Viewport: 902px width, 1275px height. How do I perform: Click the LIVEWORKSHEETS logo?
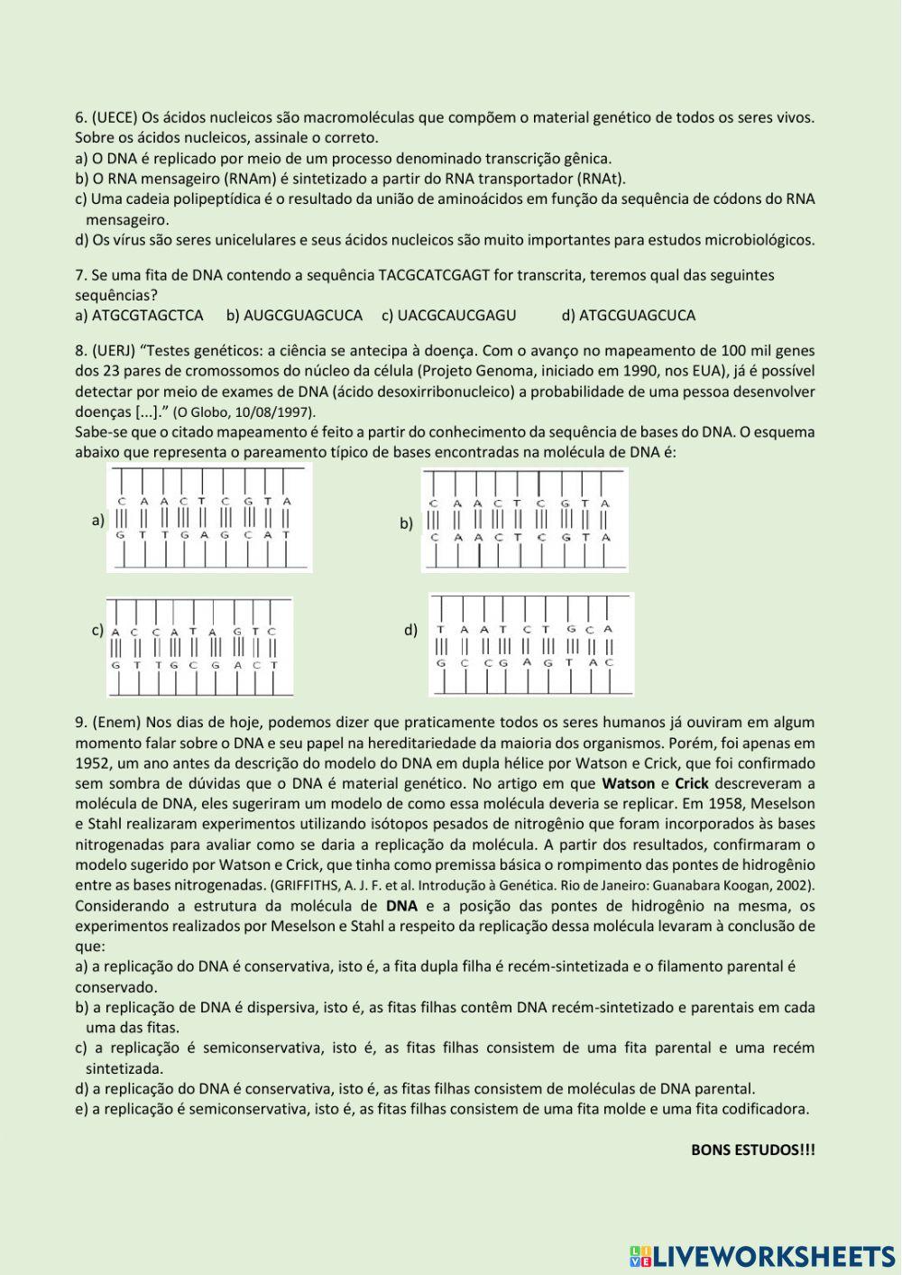762,1255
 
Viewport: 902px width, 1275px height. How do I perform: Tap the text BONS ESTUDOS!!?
752,1150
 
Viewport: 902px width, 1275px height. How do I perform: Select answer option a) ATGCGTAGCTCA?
139,315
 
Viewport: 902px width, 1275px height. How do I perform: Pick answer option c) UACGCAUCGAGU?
448,315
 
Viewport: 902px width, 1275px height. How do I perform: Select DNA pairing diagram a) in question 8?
209,518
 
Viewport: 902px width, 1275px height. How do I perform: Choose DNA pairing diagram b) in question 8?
524,522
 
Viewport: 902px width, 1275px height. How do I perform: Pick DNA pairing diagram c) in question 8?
199,648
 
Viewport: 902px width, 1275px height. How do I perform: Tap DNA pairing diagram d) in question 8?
530,644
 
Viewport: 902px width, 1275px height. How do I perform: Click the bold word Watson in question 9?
629,783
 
